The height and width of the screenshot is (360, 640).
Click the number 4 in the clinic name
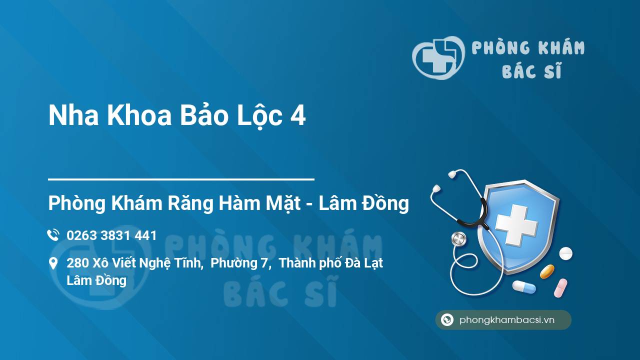(x=298, y=115)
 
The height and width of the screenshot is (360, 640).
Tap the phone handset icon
(x=53, y=235)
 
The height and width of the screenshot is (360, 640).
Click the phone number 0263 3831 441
(x=111, y=235)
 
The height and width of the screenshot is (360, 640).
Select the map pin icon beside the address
(x=53, y=263)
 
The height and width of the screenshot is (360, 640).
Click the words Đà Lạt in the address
(x=364, y=263)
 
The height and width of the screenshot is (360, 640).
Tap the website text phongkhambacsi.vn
(x=507, y=320)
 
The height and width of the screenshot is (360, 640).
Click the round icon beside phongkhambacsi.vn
(x=447, y=319)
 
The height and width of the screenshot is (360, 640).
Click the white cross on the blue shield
(x=516, y=225)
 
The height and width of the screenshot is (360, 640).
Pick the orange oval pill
(x=547, y=271)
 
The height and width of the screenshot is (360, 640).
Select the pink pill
(x=560, y=288)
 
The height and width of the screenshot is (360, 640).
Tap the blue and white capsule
(x=524, y=286)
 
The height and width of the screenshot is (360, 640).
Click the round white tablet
(x=565, y=253)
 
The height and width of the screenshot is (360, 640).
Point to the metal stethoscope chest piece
(x=458, y=239)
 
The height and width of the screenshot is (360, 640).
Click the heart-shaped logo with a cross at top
(x=438, y=57)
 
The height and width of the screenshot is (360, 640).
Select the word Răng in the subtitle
(x=190, y=203)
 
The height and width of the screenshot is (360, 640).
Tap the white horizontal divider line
(x=181, y=179)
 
